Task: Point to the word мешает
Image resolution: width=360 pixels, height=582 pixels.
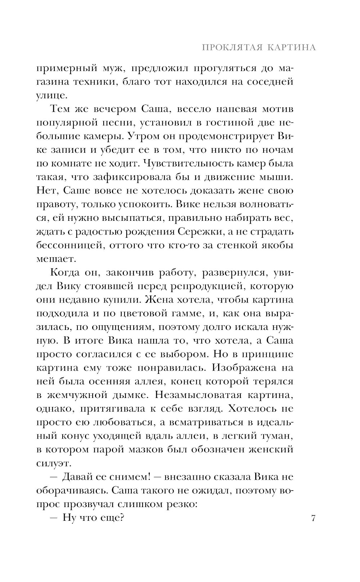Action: point(56,259)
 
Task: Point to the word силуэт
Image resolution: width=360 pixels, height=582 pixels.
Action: point(53,463)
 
